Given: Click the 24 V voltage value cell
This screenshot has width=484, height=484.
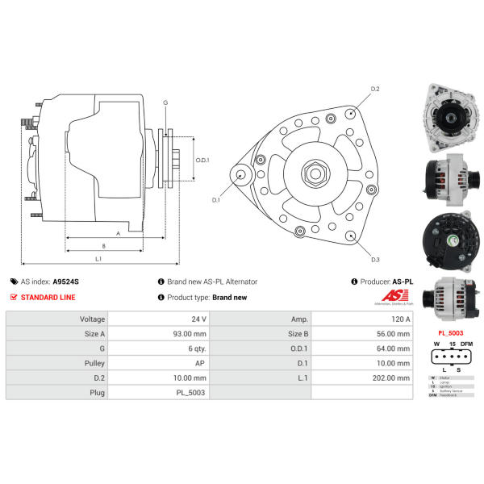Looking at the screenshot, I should click(x=198, y=319).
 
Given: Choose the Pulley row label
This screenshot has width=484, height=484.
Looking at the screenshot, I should click(x=91, y=363).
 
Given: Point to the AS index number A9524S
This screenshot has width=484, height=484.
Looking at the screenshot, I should click(x=66, y=282).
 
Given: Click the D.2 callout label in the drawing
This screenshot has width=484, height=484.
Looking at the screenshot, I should click(x=375, y=89).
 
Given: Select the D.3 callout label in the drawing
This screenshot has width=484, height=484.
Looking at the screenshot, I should click(x=375, y=259).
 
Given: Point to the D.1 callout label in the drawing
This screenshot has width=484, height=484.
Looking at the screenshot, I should click(x=216, y=199).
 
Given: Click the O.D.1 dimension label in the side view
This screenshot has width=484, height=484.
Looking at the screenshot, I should click(x=202, y=160).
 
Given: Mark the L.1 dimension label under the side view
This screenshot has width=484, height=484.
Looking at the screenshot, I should click(x=98, y=258).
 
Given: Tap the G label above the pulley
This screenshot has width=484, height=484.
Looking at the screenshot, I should click(x=165, y=103).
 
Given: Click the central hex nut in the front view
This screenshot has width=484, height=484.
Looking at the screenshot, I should click(x=313, y=173).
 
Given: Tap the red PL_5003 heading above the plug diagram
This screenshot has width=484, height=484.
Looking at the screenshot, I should click(x=450, y=332).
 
